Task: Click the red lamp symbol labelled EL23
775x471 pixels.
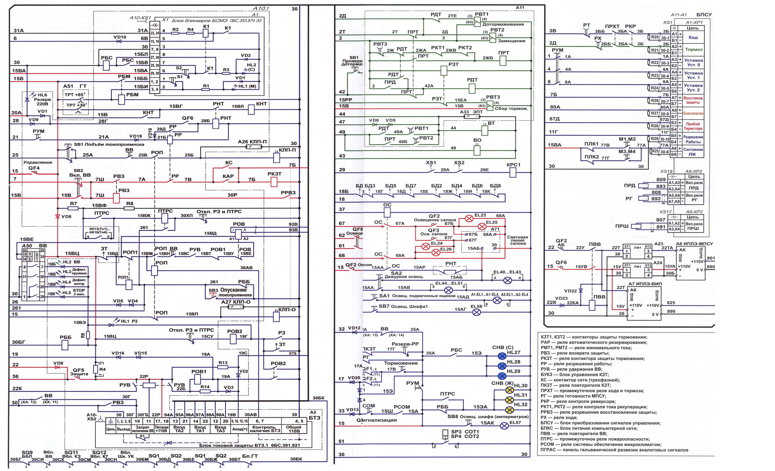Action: [x=469, y=218]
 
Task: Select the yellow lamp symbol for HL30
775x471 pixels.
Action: [x=509, y=390]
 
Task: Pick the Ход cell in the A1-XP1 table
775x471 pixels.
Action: [x=693, y=37]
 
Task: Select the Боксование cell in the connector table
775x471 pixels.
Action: [x=693, y=113]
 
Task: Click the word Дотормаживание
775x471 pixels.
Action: [x=503, y=24]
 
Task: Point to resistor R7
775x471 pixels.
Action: [x=74, y=208]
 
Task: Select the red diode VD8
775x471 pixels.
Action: [x=58, y=216]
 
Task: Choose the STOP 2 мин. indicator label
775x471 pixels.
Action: [x=79, y=292]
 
